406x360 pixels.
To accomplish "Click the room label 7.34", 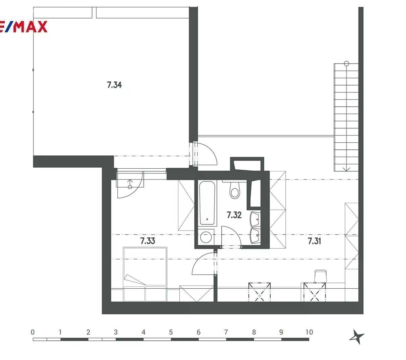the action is pyautogui.click(x=114, y=85).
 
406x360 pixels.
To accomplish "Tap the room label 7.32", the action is pyautogui.click(x=234, y=215).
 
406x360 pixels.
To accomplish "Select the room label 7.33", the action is pyautogui.click(x=148, y=241).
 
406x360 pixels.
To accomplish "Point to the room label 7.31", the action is pyautogui.click(x=314, y=241).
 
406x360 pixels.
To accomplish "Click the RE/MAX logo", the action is pyautogui.click(x=24, y=27).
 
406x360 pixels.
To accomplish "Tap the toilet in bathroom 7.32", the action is pyautogui.click(x=235, y=190).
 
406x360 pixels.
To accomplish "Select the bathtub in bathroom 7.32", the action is pyautogui.click(x=207, y=203).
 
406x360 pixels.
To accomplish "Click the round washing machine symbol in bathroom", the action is pyautogui.click(x=206, y=237).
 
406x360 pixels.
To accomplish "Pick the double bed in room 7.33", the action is pyautogui.click(x=145, y=274).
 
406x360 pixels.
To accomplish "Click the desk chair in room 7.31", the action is pyautogui.click(x=320, y=276).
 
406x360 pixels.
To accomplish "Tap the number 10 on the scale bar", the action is pyautogui.click(x=309, y=332).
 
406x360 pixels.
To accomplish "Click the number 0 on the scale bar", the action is pyautogui.click(x=33, y=332).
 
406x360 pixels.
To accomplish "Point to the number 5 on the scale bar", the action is pyautogui.click(x=171, y=332).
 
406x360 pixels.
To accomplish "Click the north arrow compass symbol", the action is pyautogui.click(x=357, y=337).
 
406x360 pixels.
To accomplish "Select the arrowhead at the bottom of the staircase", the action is pyautogui.click(x=346, y=169).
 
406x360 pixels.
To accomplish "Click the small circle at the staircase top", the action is pyautogui.click(x=346, y=64).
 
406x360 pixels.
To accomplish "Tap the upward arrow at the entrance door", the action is pyautogui.click(x=130, y=182).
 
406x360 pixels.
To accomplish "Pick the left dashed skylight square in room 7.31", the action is pyautogui.click(x=260, y=292).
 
